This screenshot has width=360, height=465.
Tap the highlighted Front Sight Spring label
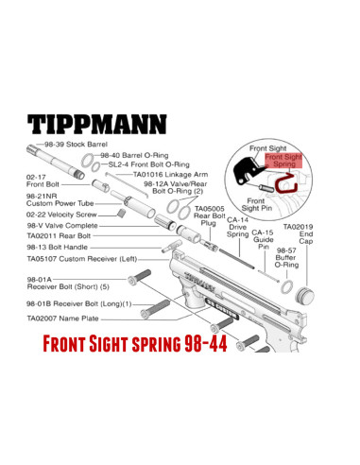tap(285, 162)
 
